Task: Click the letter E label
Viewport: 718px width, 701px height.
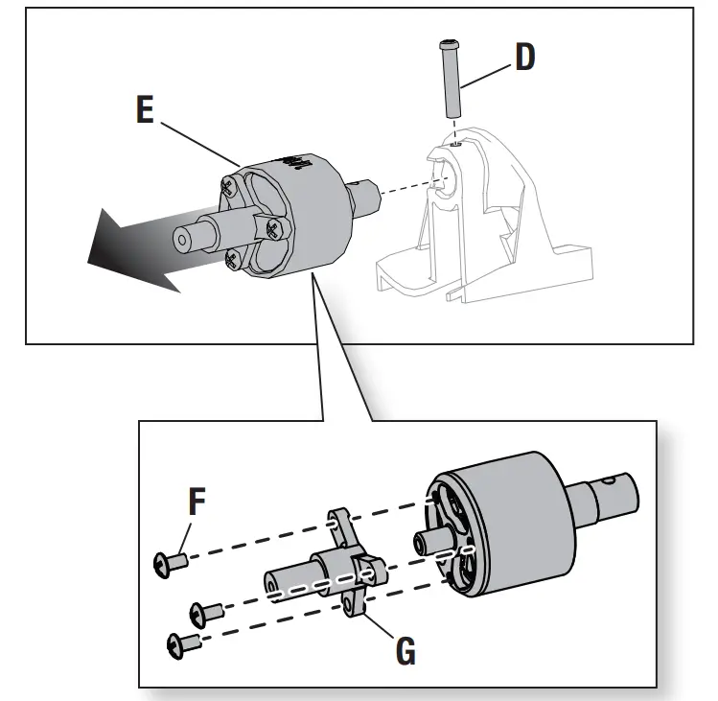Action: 145,110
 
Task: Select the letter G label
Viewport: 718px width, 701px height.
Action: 405,651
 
